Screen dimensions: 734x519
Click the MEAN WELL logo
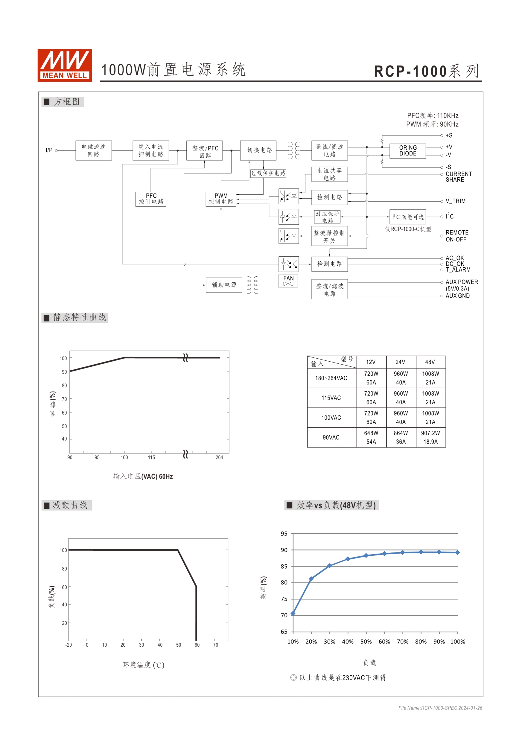[x=65, y=65]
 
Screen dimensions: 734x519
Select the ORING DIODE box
[x=407, y=150]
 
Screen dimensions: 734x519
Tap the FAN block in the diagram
[x=288, y=281]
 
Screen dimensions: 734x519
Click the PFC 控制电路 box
[x=151, y=199]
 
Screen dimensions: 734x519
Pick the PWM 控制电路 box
[x=221, y=199]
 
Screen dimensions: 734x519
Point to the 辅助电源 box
[x=224, y=284]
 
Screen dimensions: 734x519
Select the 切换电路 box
[x=258, y=150]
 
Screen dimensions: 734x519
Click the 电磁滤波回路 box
[x=93, y=150]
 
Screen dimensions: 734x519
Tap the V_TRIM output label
[x=455, y=201]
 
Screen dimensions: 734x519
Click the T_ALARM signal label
[x=458, y=269]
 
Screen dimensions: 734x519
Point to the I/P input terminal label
[x=49, y=150]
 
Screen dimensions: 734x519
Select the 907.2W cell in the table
[x=430, y=433]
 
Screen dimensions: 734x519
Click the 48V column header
[x=430, y=362]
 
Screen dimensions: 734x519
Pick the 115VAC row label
[x=331, y=398]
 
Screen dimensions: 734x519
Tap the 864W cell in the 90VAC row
[x=401, y=433]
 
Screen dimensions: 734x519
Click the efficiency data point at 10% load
[x=293, y=613]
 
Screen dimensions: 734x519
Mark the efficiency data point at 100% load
[x=458, y=552]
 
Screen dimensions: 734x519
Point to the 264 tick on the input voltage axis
[x=219, y=457]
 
